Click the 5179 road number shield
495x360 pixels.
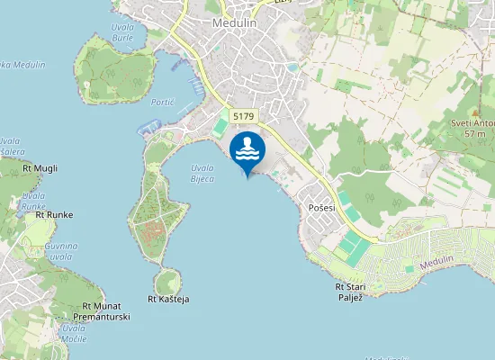coord(242,116)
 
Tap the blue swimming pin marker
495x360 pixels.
coord(247,151)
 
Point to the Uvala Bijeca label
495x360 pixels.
coord(202,173)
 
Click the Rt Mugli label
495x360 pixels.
coord(40,168)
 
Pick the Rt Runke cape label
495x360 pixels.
coord(53,214)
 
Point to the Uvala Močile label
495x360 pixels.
coord(73,333)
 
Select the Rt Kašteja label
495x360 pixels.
coord(168,299)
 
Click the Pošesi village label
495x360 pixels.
coord(321,207)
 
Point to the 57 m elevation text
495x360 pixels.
coord(474,134)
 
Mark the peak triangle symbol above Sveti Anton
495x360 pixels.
coord(475,111)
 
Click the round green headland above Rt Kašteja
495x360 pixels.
coord(166,280)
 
